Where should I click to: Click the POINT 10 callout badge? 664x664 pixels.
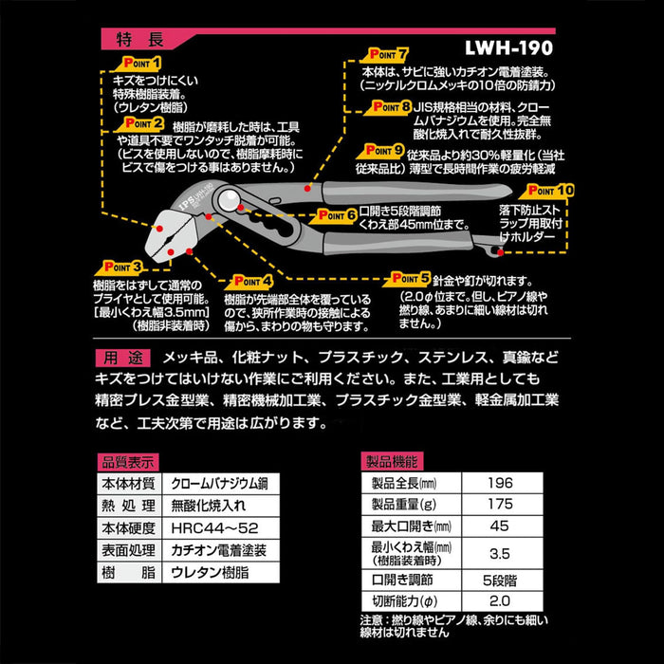click(551, 190)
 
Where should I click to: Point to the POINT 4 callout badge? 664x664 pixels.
click(249, 281)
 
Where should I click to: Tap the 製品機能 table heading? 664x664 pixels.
click(392, 462)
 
